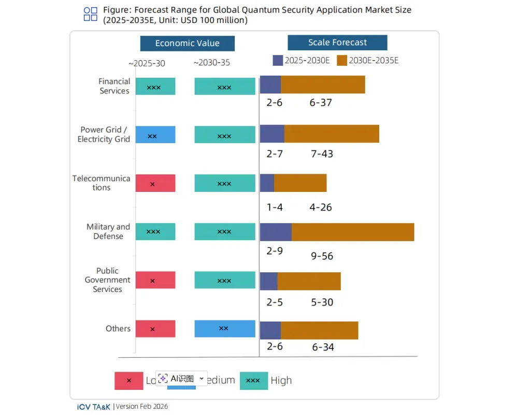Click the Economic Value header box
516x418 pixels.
187,44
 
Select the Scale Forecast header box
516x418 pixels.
337,43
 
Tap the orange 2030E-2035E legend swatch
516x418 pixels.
341,60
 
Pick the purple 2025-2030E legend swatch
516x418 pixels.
278,60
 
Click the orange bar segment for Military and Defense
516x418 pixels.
353,232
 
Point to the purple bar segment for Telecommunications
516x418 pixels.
267,183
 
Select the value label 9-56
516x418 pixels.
322,256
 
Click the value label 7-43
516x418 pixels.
322,154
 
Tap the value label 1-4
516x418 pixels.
275,207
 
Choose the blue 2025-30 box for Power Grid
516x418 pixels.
155,135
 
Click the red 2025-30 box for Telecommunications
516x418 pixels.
155,183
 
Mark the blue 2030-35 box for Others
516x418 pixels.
225,329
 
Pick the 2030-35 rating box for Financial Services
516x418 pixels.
225,87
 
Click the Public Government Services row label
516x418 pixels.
108,280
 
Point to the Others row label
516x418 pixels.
118,329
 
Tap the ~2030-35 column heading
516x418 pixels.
211,63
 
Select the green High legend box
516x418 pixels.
253,381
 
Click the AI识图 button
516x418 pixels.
181,379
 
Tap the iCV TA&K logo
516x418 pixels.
91,407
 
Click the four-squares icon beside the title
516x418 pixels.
91,14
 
